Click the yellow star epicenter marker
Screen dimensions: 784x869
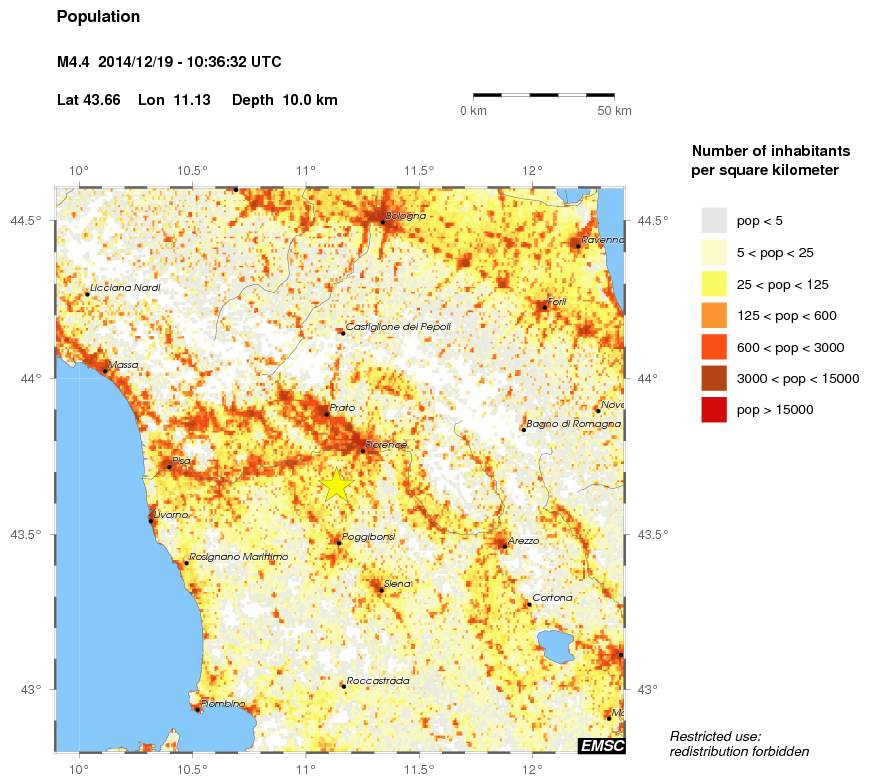pyautogui.click(x=337, y=485)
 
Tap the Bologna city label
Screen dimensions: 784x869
pyautogui.click(x=406, y=216)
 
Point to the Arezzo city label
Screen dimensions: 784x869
pyautogui.click(x=523, y=541)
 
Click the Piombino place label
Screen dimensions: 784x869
pyautogui.click(x=223, y=704)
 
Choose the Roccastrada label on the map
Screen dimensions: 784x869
pyautogui.click(x=378, y=681)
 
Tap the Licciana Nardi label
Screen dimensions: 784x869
pyautogui.click(x=127, y=288)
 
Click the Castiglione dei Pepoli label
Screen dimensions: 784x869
pyautogui.click(x=398, y=327)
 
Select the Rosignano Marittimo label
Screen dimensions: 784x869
pyautogui.click(x=238, y=557)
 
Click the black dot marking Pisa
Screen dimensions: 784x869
pyautogui.click(x=169, y=467)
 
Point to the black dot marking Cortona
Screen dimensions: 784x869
pyautogui.click(x=529, y=604)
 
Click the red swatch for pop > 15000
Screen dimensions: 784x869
pyautogui.click(x=713, y=409)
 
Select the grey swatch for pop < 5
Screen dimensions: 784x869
pyautogui.click(x=713, y=221)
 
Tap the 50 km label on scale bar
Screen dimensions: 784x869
pyautogui.click(x=614, y=111)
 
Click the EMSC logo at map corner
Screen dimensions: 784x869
pyautogui.click(x=602, y=745)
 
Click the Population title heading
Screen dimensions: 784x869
pyautogui.click(x=99, y=17)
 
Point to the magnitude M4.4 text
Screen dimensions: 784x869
pyautogui.click(x=76, y=62)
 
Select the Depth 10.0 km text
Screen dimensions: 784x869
pyautogui.click(x=285, y=100)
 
